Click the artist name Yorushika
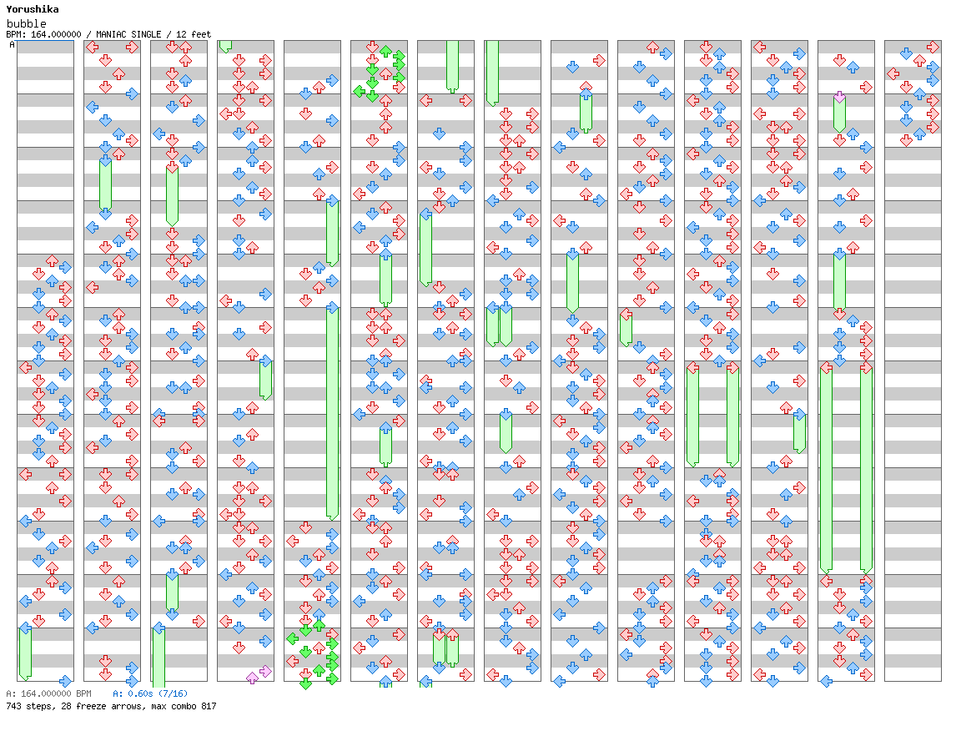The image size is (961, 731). pos(33,9)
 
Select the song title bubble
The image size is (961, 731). pos(27,23)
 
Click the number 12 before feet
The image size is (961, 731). pos(181,34)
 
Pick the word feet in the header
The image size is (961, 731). pos(201,34)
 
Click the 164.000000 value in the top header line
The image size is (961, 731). pos(56,34)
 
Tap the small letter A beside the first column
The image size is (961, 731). pos(12,45)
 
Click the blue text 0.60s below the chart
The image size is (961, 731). pos(140,693)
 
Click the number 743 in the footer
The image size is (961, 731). pos(13,707)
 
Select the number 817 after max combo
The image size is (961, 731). pos(209,707)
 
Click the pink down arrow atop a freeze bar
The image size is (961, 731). pos(840,97)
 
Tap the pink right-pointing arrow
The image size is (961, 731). pos(265,671)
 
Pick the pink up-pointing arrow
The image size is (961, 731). pos(252,678)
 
